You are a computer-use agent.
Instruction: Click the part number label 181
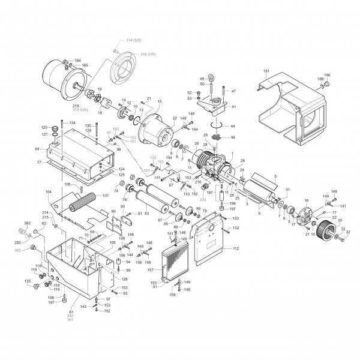[266, 72]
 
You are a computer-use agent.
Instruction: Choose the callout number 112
[235, 248]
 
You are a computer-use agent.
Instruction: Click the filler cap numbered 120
[56, 128]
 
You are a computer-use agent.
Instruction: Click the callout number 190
[328, 76]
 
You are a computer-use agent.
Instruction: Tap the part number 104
[49, 191]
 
